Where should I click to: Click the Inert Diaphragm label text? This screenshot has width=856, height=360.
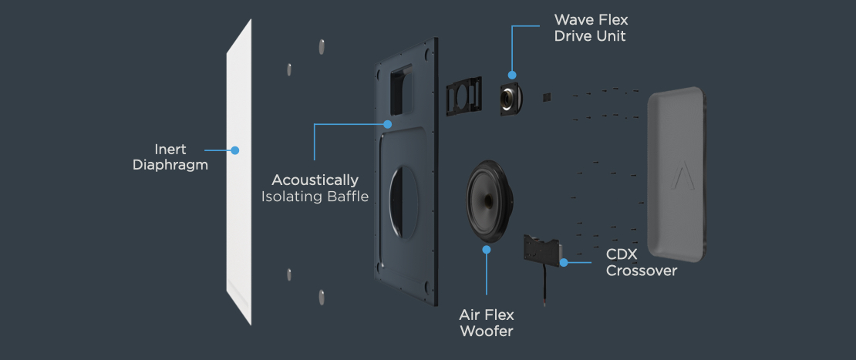click(170, 157)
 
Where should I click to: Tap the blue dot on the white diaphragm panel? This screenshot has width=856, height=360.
click(234, 150)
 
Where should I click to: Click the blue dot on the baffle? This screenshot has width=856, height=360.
click(388, 124)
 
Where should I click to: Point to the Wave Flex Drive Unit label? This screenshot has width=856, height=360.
click(591, 28)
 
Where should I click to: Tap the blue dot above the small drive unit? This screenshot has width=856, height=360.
click(512, 75)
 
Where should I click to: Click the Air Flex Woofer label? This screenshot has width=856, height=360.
click(487, 323)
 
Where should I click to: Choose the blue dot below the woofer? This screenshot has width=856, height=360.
click(487, 249)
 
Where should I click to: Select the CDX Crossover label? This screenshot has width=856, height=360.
click(642, 262)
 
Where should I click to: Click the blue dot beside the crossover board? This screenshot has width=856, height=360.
click(564, 262)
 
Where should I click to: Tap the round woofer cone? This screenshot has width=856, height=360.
click(490, 201)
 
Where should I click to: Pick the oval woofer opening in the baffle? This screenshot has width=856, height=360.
click(403, 202)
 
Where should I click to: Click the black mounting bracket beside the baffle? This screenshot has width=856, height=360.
click(464, 96)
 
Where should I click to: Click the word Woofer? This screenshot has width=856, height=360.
click(487, 331)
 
